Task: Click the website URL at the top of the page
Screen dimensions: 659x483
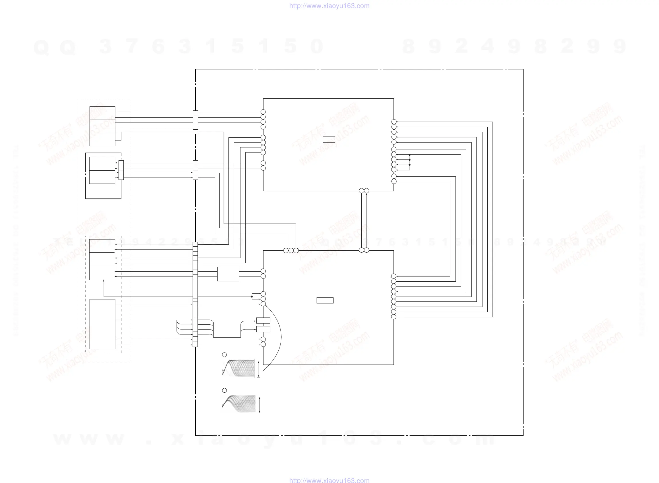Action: click(x=329, y=6)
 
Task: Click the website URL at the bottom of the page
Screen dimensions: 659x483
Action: click(x=329, y=480)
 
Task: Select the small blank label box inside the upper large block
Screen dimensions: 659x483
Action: click(x=329, y=139)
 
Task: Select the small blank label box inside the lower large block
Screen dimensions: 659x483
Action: click(x=325, y=300)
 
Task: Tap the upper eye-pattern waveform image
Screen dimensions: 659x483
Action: click(x=239, y=368)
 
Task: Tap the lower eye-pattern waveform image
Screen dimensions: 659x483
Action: click(x=239, y=404)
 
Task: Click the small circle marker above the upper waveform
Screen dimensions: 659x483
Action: click(x=224, y=355)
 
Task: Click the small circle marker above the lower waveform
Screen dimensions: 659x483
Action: click(x=224, y=390)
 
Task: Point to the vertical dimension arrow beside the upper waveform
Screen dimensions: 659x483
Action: click(x=259, y=369)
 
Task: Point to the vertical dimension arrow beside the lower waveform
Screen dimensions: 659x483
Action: click(x=259, y=405)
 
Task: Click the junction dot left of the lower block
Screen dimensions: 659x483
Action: click(x=252, y=297)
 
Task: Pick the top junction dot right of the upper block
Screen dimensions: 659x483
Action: click(x=410, y=155)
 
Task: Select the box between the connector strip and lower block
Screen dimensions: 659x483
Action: click(x=228, y=274)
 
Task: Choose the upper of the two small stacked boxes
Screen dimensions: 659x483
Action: click(x=263, y=320)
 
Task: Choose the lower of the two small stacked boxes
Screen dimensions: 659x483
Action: click(x=263, y=329)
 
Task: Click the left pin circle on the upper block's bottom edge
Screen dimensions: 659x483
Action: click(x=361, y=191)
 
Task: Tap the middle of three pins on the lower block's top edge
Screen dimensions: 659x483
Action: click(x=291, y=250)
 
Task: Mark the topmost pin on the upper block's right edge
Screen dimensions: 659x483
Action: click(x=394, y=122)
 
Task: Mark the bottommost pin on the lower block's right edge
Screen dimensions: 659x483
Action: click(x=394, y=317)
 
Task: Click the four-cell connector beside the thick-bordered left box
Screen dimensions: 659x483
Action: click(x=121, y=170)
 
